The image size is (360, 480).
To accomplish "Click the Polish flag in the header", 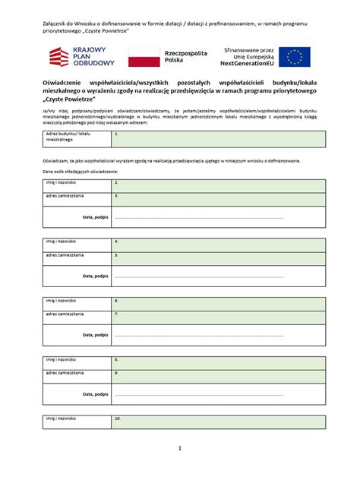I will [140, 56].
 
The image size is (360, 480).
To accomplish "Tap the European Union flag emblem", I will [294, 56].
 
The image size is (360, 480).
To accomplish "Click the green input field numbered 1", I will [219, 138].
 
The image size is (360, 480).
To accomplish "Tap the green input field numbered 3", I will [219, 199].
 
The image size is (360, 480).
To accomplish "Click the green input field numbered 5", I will [219, 258].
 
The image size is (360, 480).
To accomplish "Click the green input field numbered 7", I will [219, 317].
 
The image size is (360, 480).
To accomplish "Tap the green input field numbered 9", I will [219, 376].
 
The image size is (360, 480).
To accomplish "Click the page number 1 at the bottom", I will [180, 448].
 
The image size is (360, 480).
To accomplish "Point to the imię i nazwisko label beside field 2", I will [61, 182].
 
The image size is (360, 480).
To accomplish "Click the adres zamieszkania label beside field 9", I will [65, 373].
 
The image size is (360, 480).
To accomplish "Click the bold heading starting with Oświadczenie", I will [180, 90].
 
